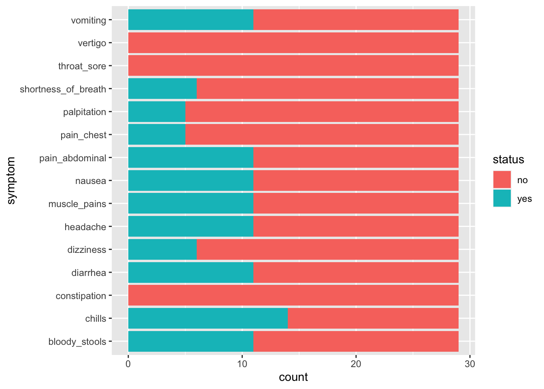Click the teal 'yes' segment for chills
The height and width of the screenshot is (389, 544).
[x=208, y=318]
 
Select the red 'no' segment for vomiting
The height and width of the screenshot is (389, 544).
[x=355, y=20]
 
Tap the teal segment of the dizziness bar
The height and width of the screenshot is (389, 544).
[x=162, y=250]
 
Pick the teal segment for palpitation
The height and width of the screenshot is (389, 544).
[x=157, y=112]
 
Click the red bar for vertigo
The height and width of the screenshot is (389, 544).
[x=293, y=43]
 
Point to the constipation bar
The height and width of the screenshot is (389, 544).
[x=293, y=295]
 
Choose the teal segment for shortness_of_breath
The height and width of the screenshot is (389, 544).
[x=162, y=89]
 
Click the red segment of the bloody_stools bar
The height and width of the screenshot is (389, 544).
[x=355, y=342]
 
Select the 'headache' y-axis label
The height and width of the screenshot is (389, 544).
[x=85, y=227]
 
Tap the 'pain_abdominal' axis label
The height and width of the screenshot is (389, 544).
[x=73, y=158]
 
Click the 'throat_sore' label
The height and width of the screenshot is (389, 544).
[x=82, y=66]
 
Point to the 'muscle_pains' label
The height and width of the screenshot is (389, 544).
[x=77, y=204]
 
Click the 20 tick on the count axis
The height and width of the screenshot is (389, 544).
[x=356, y=364]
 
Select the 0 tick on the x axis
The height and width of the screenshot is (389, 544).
[x=128, y=364]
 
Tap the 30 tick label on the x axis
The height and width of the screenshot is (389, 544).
[x=470, y=364]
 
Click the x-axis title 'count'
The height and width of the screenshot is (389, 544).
[x=293, y=377]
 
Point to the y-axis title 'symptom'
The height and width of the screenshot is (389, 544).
[x=11, y=181]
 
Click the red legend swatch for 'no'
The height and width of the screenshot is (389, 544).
[x=502, y=180]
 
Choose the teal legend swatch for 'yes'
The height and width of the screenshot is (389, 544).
[x=502, y=198]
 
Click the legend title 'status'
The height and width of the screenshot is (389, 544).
[x=508, y=160]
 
